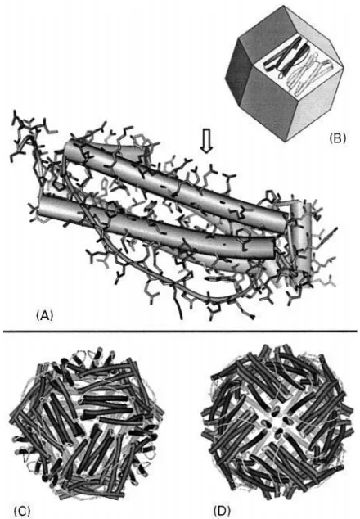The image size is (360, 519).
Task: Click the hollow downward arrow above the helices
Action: point(207,142)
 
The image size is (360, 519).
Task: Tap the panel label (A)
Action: point(45,315)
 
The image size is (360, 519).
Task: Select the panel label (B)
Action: point(337,138)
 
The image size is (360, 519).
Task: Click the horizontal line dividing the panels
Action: point(180,331)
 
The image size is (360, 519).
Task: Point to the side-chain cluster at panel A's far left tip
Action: point(28,133)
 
